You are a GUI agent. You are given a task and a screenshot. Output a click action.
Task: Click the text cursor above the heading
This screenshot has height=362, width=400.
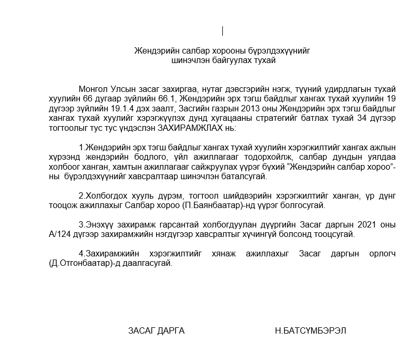point(222,31)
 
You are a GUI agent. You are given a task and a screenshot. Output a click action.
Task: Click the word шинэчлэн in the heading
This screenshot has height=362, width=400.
point(188,60)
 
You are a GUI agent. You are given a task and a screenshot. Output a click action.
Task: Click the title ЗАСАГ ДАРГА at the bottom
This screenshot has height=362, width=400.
point(156,330)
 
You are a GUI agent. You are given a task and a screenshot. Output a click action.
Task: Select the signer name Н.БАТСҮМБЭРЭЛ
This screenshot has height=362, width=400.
point(310,330)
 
